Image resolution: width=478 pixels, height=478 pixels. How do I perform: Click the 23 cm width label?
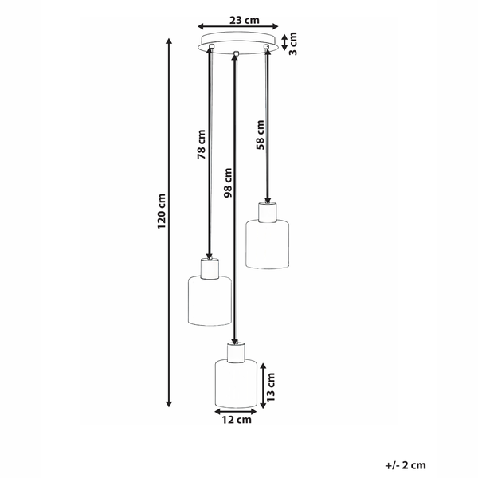click(x=245, y=20)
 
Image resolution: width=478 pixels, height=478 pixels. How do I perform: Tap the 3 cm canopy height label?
click(x=292, y=44)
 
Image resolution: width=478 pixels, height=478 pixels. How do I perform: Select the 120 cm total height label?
click(x=161, y=212)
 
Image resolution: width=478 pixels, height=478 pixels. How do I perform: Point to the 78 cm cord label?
click(x=202, y=144)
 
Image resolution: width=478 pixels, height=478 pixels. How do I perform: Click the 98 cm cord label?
click(x=228, y=182)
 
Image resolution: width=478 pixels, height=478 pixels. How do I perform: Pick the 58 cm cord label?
click(x=261, y=135)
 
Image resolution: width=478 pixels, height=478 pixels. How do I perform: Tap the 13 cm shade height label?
click(x=270, y=386)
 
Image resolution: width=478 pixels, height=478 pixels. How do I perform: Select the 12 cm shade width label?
click(x=237, y=420)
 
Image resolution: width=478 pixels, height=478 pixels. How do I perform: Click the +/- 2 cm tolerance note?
click(x=406, y=465)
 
